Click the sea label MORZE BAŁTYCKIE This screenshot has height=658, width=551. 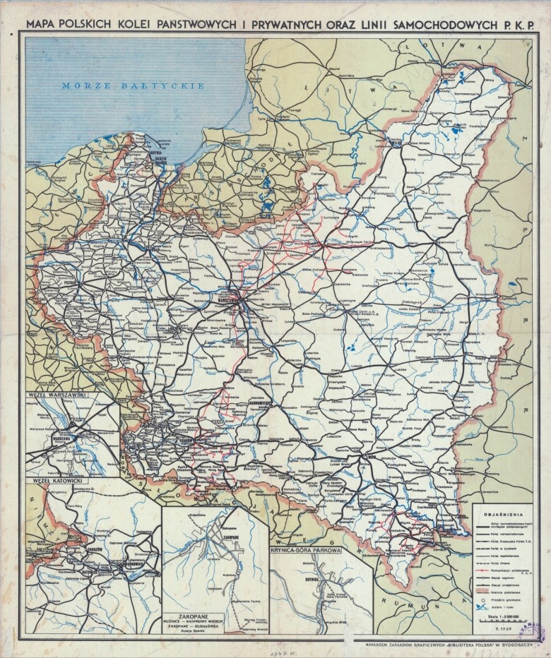[x=133, y=85]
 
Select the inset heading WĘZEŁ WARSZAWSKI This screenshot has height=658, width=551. [x=57, y=395]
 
